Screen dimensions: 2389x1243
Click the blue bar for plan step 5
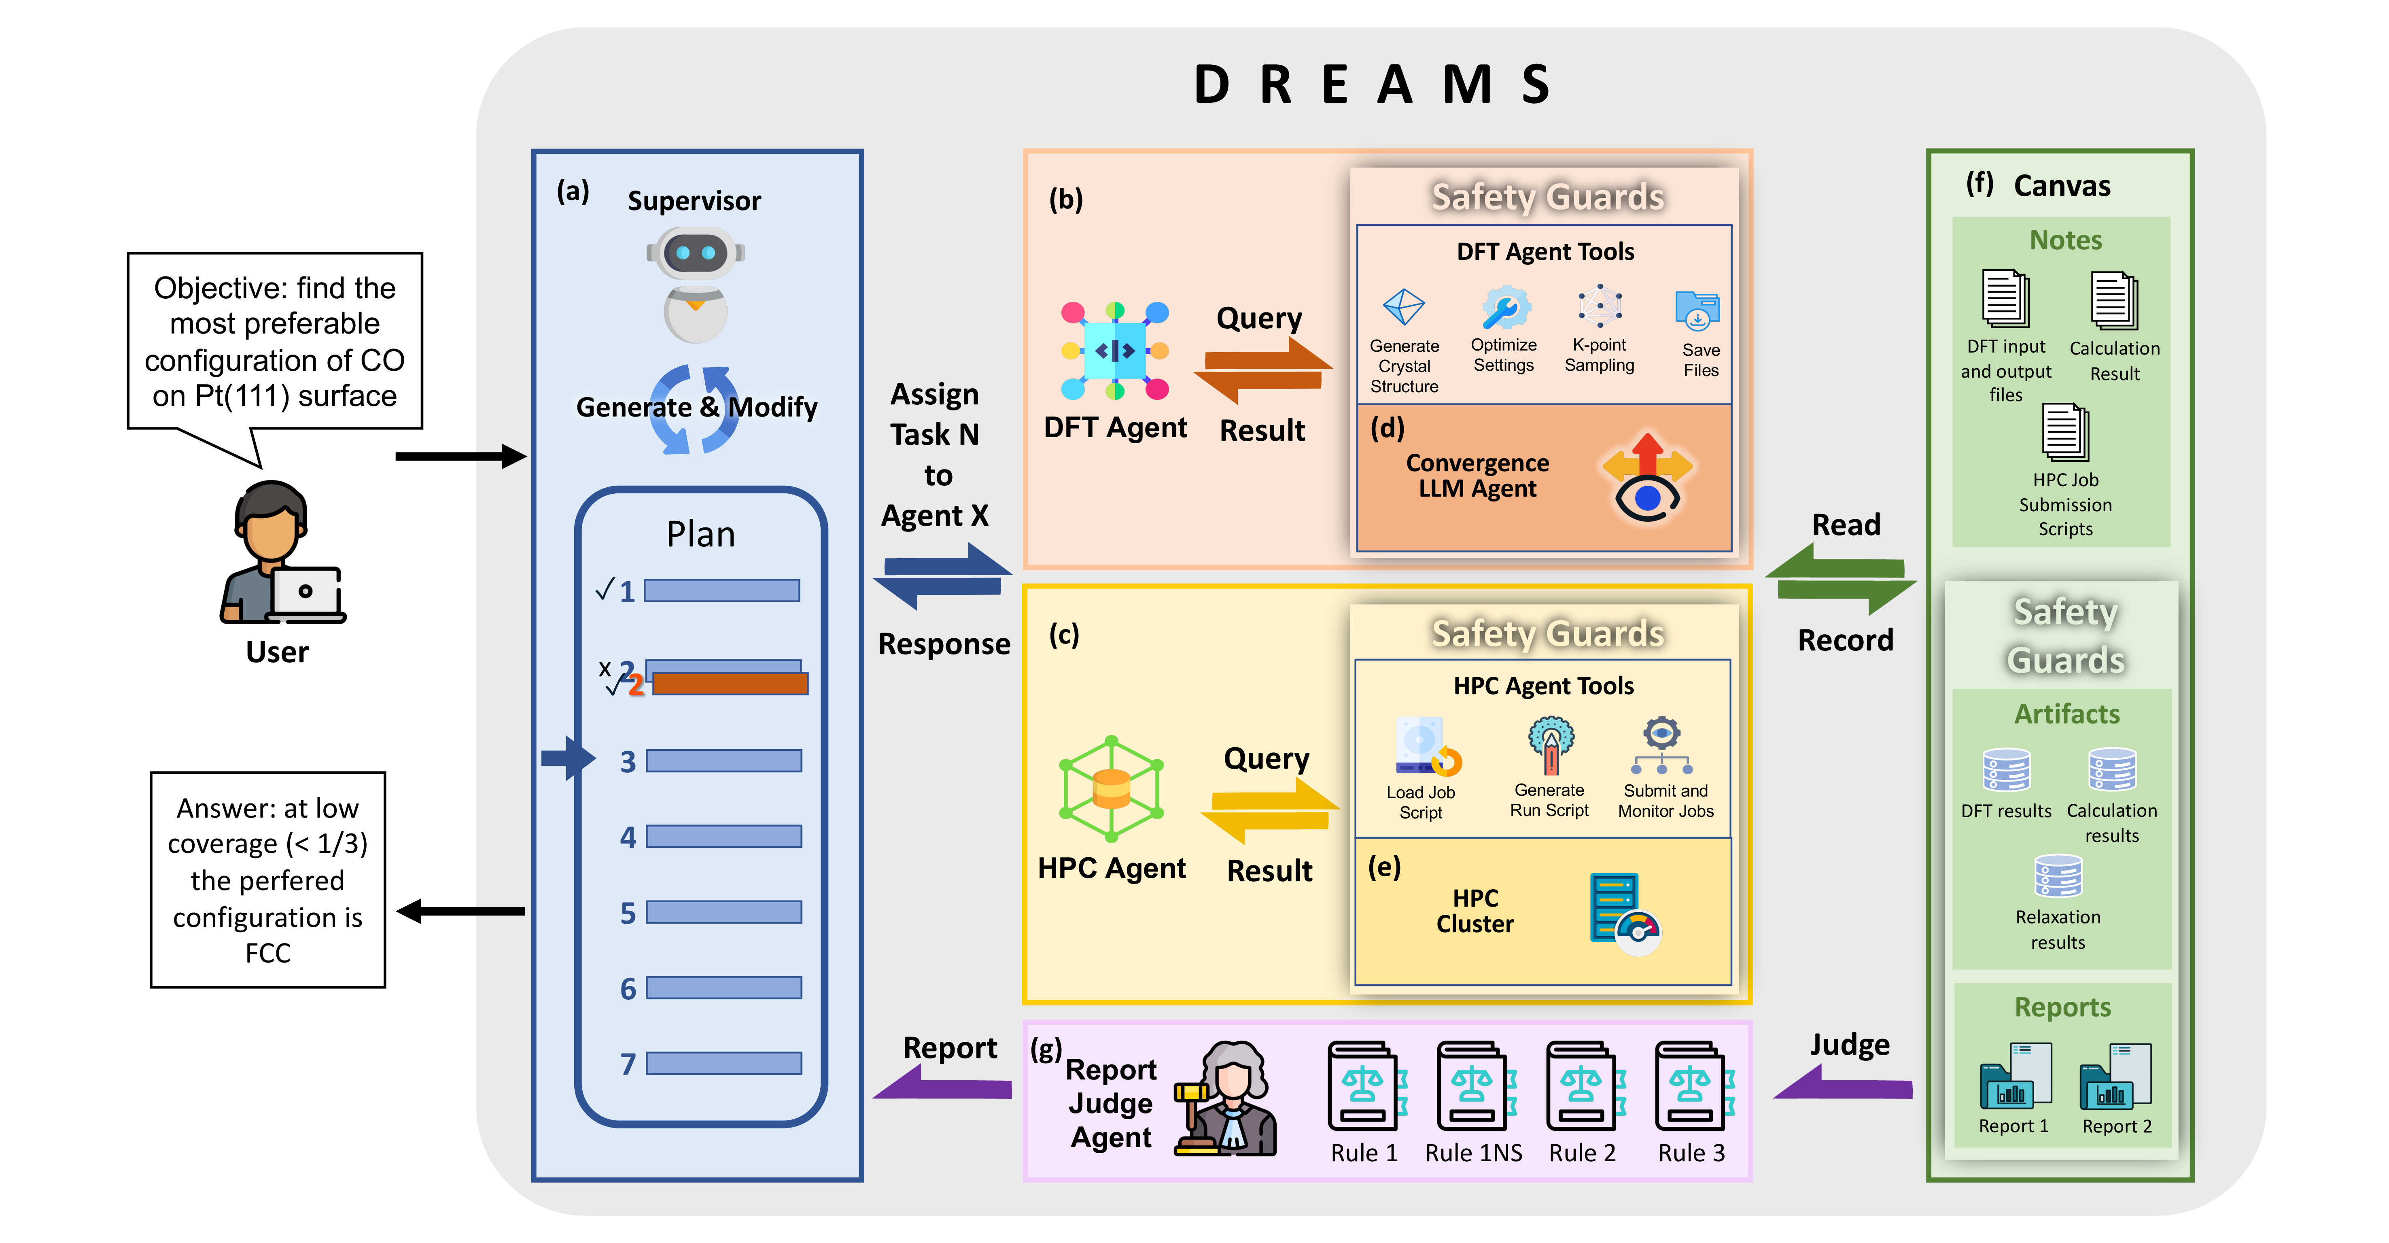[723, 912]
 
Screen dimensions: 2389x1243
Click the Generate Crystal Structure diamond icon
[1403, 307]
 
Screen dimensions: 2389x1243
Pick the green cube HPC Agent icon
[1111, 788]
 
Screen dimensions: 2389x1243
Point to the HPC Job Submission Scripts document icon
[2065, 432]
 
